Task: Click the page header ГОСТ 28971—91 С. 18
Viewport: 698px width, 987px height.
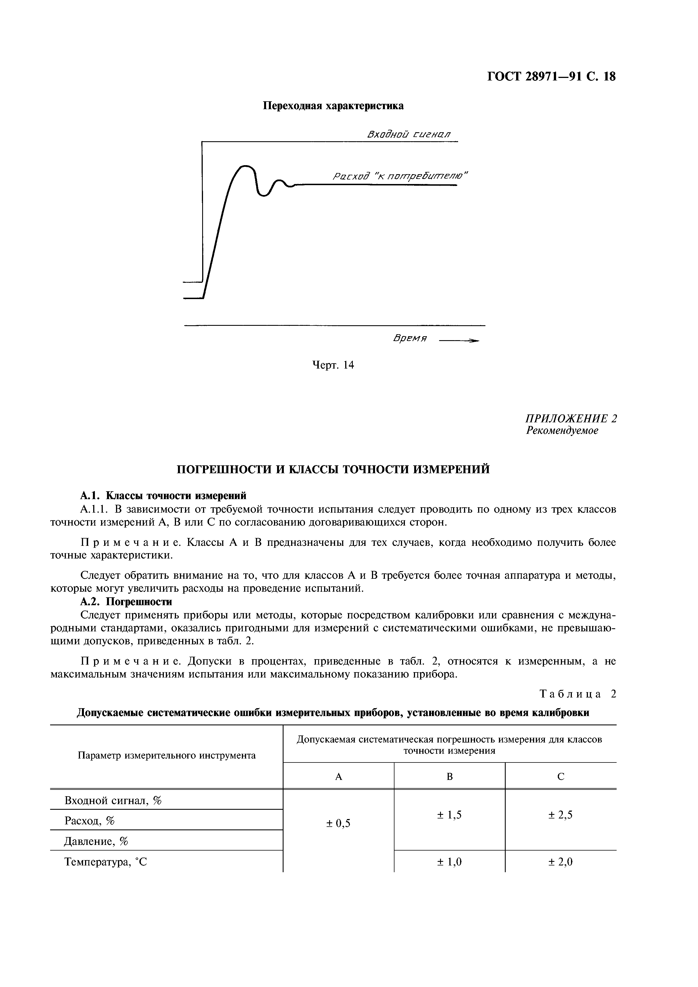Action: [x=551, y=77]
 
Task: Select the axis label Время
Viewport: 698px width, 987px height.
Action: [x=409, y=338]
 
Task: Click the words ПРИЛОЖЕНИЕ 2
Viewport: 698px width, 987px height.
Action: [x=571, y=418]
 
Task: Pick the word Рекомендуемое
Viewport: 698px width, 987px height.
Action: [x=562, y=430]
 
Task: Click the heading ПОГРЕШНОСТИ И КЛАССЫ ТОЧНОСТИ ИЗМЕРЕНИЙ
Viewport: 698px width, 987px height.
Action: [x=333, y=469]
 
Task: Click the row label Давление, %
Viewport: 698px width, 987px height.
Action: [x=96, y=841]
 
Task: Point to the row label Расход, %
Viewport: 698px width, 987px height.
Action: [x=90, y=821]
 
